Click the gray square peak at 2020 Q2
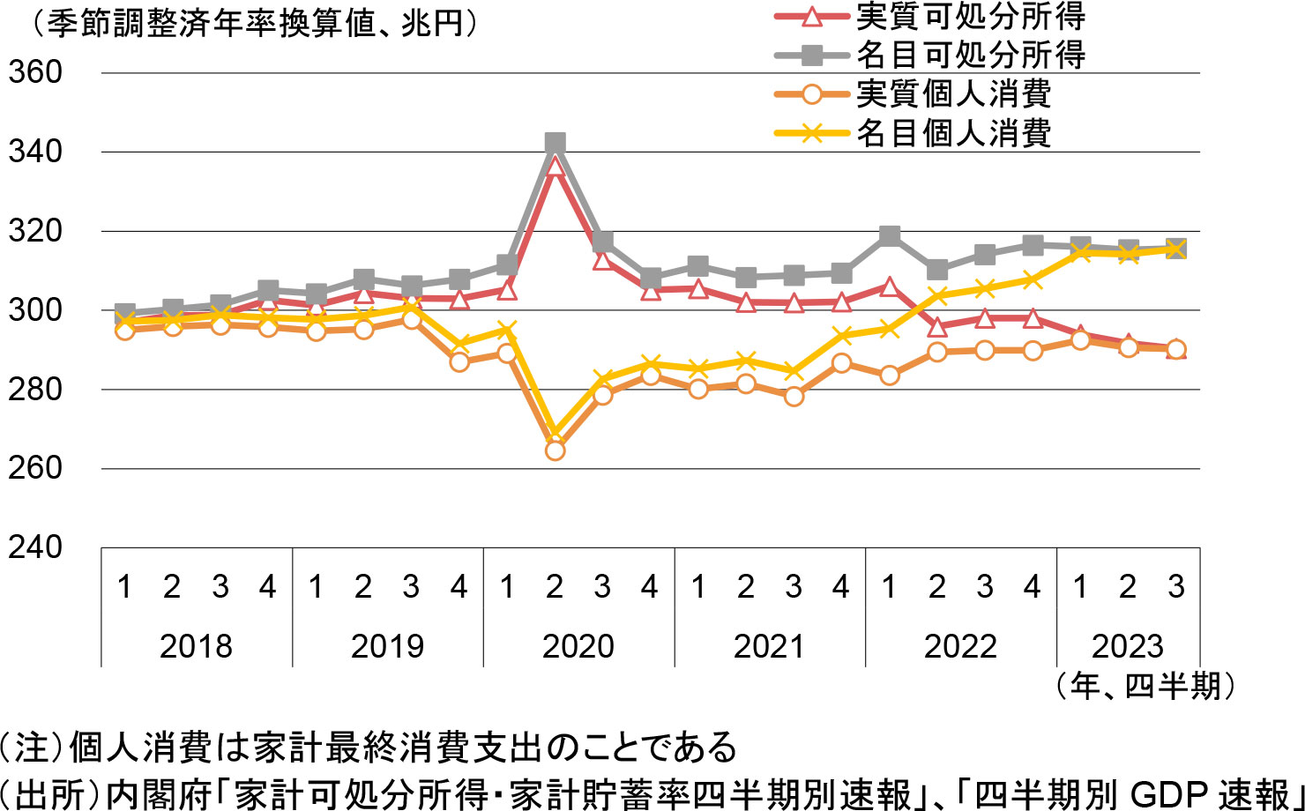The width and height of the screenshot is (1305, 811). coord(555,143)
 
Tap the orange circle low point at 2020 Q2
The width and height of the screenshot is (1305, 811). coord(555,450)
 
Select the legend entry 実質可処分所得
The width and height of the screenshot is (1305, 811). coord(970,16)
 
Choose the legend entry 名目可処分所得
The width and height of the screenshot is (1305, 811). coord(970,55)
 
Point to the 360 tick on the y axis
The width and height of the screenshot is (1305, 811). coord(35,72)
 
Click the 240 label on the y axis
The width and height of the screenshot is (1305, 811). coord(35,547)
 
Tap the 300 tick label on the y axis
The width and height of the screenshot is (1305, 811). coord(35,310)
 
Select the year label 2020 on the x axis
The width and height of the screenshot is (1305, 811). coord(578,646)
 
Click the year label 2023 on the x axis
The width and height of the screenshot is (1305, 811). coord(1128,646)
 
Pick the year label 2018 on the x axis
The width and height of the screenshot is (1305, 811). coord(196,646)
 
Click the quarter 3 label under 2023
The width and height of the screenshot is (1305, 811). coord(1175,587)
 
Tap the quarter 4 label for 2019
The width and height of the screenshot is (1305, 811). coord(459,587)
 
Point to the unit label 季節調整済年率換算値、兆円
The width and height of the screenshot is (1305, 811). coord(256,24)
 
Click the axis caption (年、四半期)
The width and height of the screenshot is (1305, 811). coord(1144,685)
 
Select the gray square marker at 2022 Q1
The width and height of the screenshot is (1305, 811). coord(890,236)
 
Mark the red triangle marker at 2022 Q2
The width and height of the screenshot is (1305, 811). coord(937,328)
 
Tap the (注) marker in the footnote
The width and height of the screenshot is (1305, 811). coord(30,748)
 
